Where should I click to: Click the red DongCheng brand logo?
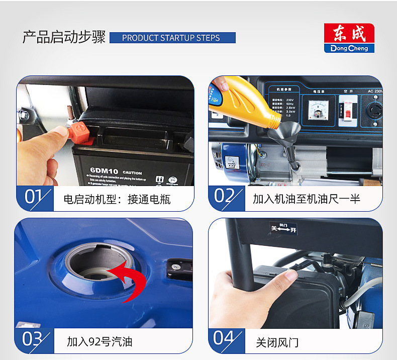pos(349,38)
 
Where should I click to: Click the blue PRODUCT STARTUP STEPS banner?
pos(172,38)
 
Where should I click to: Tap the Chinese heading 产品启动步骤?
pos(64,38)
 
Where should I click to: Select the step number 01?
pos(33,197)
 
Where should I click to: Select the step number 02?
pos(225,197)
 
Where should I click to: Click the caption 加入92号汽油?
pos(100,342)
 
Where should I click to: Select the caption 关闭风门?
pos(277,342)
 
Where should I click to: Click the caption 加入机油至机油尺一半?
pos(306,199)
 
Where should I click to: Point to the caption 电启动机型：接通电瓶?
pos(117,199)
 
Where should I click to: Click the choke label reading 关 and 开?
pos(283,228)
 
